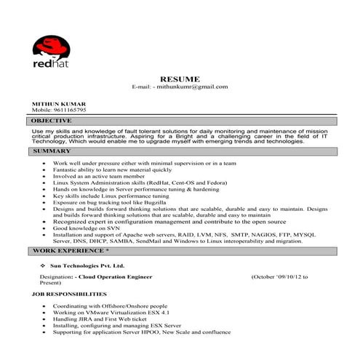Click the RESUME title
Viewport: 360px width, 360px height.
[x=180, y=78]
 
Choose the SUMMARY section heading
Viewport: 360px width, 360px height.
[x=52, y=151]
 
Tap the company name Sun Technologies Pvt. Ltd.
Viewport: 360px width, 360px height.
[x=87, y=266]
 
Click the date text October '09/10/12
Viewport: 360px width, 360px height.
[x=280, y=277]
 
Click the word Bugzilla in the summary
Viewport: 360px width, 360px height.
[x=159, y=202]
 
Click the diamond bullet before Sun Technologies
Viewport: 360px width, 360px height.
[x=44, y=266]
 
